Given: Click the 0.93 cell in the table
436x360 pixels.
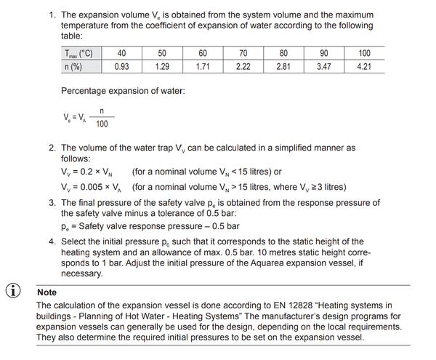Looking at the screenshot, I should point(121,65).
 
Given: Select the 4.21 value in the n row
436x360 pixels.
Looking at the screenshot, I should point(364,65).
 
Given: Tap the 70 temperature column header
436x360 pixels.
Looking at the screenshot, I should point(243,52).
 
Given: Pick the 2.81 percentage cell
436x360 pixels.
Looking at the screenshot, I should point(283,65).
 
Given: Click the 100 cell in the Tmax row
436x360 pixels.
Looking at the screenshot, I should point(364,52).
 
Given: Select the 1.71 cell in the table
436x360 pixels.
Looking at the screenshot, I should point(203,65).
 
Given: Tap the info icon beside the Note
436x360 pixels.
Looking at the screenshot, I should point(13,289).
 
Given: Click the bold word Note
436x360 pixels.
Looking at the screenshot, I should point(47,292).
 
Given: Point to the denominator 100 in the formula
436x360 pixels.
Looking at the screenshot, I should point(102,124).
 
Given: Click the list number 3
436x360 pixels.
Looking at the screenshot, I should point(52,203).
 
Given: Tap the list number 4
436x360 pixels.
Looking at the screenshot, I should point(52,241).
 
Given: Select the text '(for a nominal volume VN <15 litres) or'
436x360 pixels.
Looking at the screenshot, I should point(206,172).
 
